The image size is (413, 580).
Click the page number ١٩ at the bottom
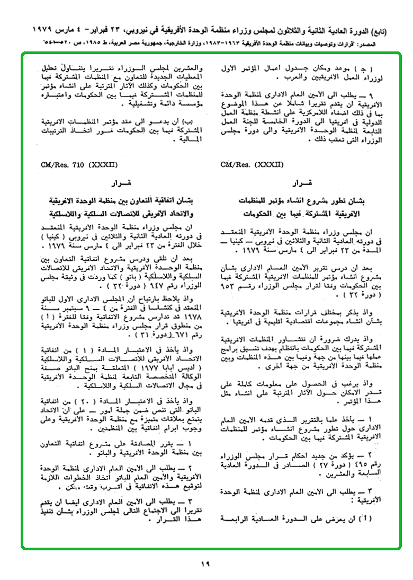point(205,564)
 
